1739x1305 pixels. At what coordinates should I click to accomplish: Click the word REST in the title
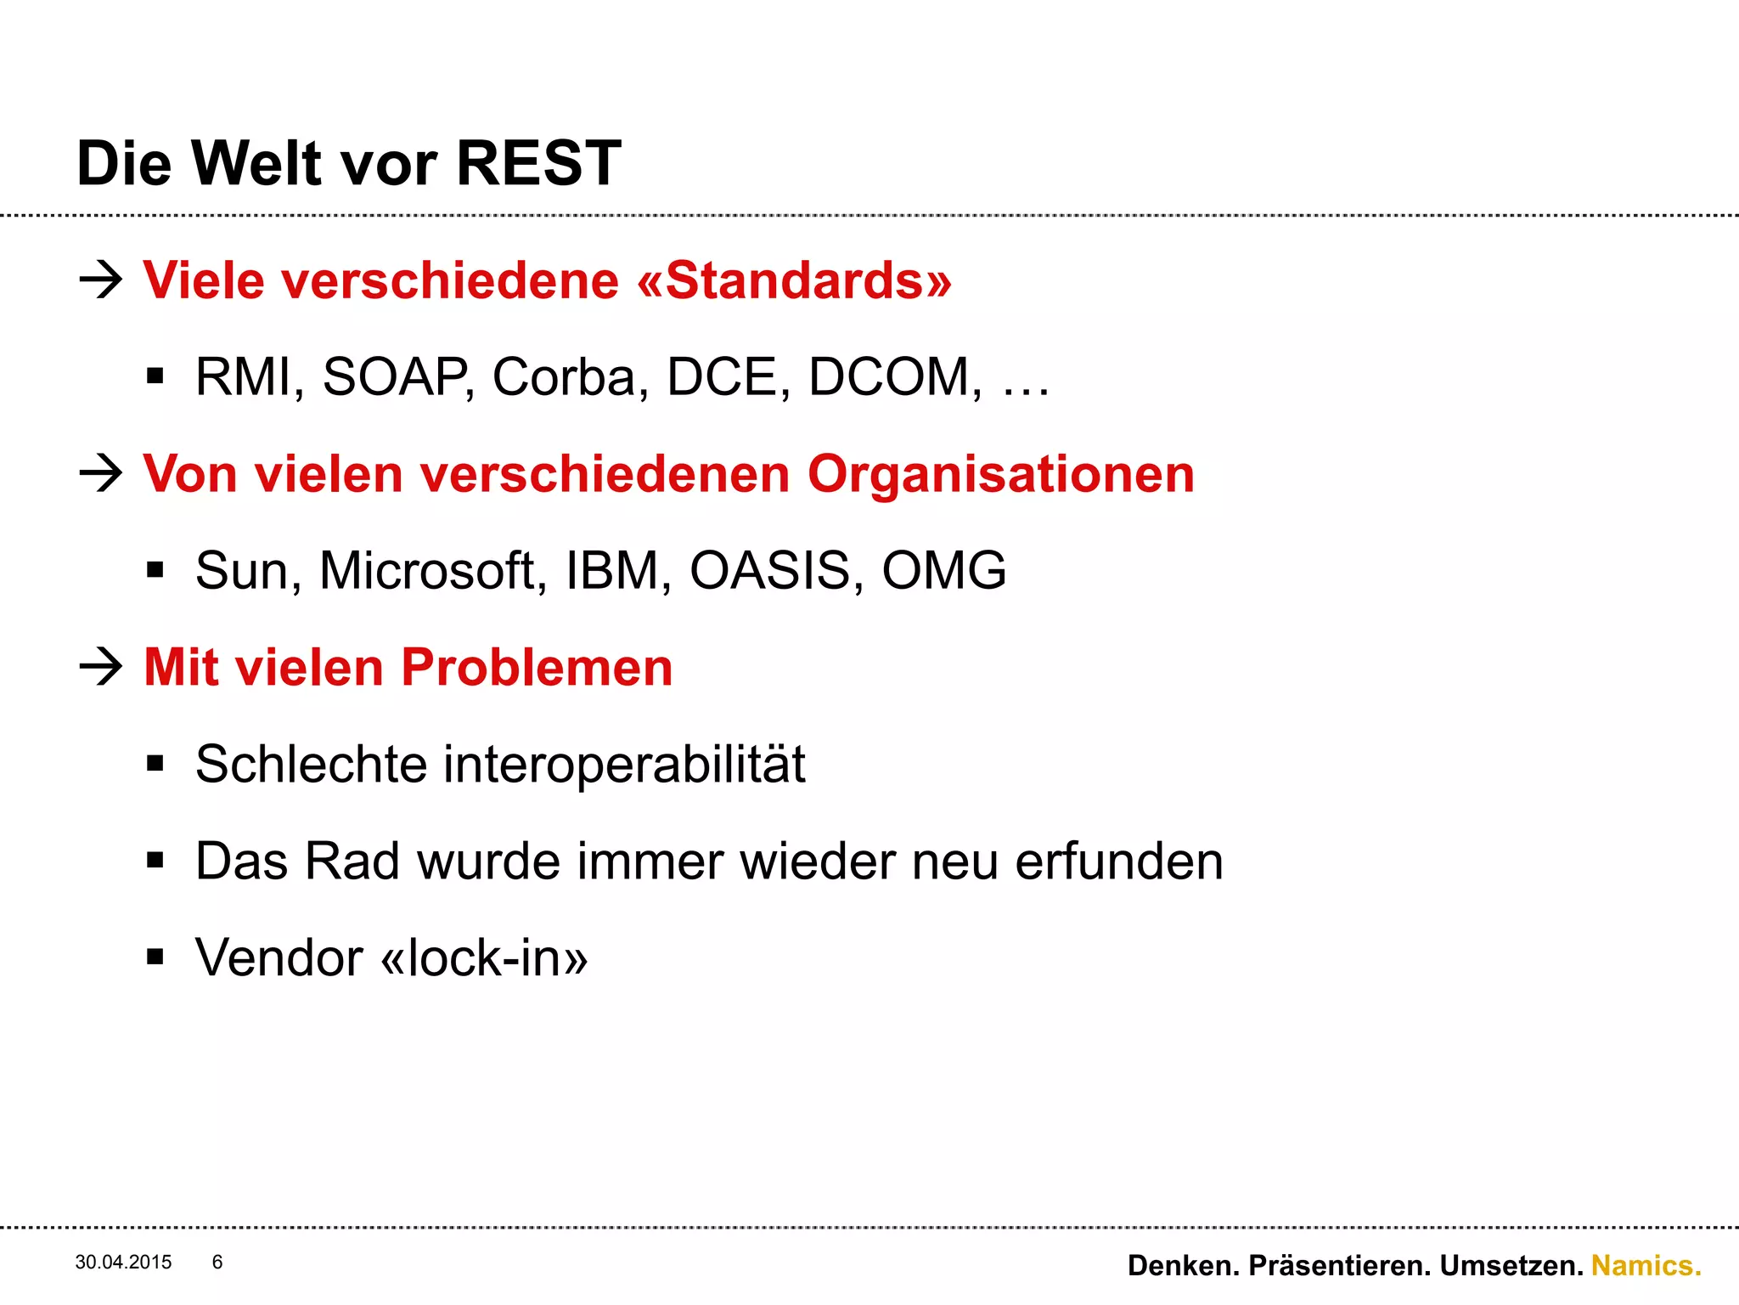click(x=538, y=163)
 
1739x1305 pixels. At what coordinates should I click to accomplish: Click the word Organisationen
click(x=1000, y=474)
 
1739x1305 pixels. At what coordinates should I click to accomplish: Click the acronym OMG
click(x=943, y=570)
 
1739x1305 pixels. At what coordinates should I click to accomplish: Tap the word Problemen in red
click(x=537, y=668)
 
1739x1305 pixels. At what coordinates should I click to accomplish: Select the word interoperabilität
click(x=624, y=765)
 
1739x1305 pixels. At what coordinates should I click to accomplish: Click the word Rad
click(x=352, y=862)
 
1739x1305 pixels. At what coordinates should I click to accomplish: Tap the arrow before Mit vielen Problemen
click(x=101, y=667)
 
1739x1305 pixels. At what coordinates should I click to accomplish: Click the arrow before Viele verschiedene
click(x=101, y=280)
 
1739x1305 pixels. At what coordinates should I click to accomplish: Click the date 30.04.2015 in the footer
click(x=123, y=1263)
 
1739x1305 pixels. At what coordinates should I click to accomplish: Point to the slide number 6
click(x=217, y=1263)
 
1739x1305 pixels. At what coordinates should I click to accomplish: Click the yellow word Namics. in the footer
click(x=1646, y=1266)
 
